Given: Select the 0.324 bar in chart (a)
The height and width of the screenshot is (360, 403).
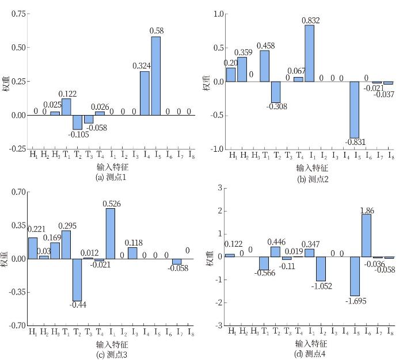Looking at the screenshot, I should pos(145,93).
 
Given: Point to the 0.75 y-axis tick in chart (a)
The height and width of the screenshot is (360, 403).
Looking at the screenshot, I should pos(18,13).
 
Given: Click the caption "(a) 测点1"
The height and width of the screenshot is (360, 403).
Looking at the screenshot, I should pos(111,177).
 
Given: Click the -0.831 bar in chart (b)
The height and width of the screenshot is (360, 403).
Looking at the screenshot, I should pos(354,109).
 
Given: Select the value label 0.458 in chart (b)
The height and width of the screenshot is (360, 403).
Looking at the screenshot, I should pos(264,45).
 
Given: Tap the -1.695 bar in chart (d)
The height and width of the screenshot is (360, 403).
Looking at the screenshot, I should pos(355,276).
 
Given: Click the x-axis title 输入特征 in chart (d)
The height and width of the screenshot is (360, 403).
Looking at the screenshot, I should pos(311,344).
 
